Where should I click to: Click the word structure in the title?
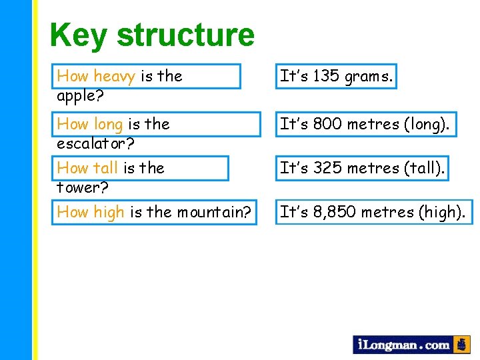[x=185, y=35]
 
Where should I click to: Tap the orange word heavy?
[x=115, y=76]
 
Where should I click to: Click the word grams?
[x=369, y=77]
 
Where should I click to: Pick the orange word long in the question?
[x=108, y=124]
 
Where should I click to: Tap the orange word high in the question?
[x=109, y=212]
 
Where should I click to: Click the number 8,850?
[x=335, y=212]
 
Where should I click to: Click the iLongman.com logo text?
[x=403, y=345]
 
